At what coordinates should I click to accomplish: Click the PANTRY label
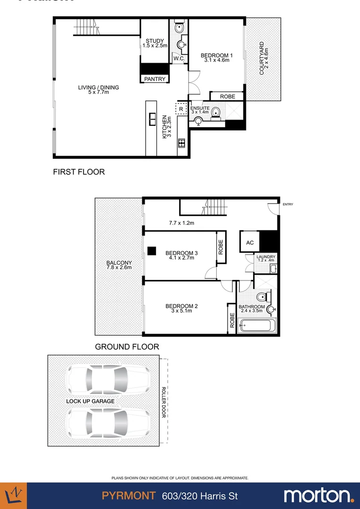pos(155,79)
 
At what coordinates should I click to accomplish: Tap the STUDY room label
pos(155,41)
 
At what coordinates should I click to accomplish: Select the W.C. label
pos(179,58)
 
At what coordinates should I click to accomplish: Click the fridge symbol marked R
pos(181,108)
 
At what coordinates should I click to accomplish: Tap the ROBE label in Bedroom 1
pos(227,97)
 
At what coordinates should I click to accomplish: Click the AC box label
pos(250,243)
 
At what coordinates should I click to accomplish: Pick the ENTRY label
pos(287,204)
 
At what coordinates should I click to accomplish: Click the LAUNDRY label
pos(266,257)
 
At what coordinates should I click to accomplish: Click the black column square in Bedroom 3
pos(151,251)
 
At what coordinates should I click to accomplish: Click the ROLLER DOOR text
pos(164,402)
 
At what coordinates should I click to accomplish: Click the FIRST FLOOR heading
pos(79,172)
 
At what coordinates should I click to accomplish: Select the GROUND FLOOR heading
pos(127,346)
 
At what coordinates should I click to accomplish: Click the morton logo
pos(319,495)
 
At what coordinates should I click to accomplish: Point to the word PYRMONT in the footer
pos(129,496)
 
